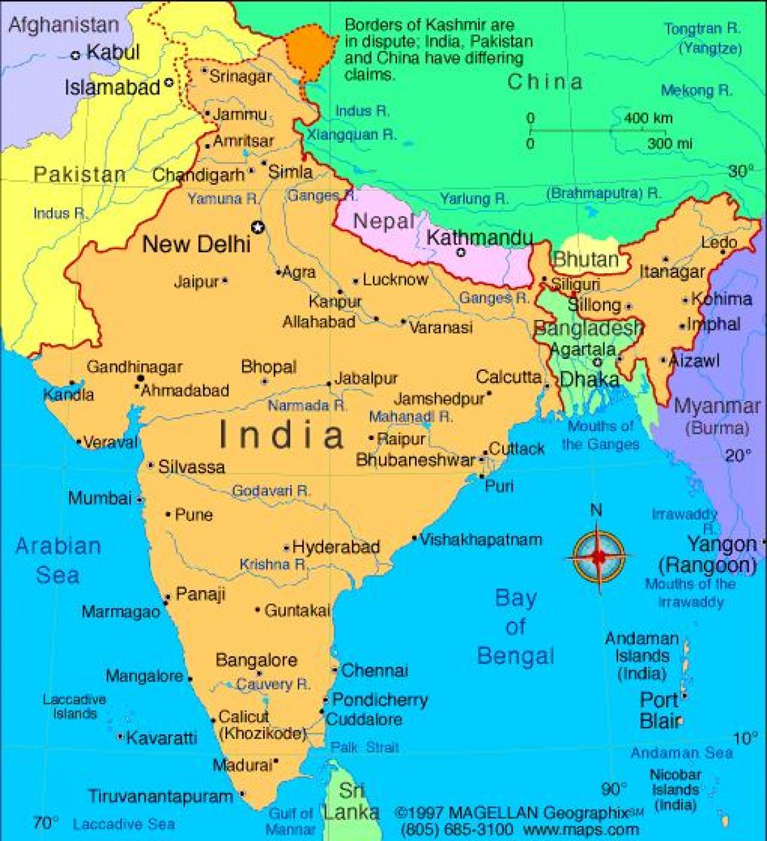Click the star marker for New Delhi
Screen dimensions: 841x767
(258, 227)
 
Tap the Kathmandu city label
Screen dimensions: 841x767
(479, 238)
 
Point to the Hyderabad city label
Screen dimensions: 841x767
(336, 547)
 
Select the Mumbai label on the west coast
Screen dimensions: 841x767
(100, 498)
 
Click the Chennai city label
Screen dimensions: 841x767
(375, 671)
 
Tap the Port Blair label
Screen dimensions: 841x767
(661, 711)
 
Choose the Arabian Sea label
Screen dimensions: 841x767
(58, 561)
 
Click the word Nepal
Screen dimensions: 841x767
(383, 222)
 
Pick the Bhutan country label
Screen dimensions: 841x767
(586, 260)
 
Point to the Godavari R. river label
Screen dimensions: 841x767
(270, 491)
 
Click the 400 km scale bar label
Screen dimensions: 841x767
(648, 118)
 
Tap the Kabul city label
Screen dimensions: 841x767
(112, 52)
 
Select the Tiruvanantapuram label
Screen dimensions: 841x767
(160, 796)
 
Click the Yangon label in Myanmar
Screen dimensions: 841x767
(722, 545)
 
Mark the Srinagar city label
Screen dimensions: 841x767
(240, 77)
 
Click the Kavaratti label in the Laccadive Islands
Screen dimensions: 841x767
(162, 738)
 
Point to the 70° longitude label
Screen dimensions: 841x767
(46, 822)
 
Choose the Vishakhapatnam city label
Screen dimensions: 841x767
(481, 540)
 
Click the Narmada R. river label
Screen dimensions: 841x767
(307, 405)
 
